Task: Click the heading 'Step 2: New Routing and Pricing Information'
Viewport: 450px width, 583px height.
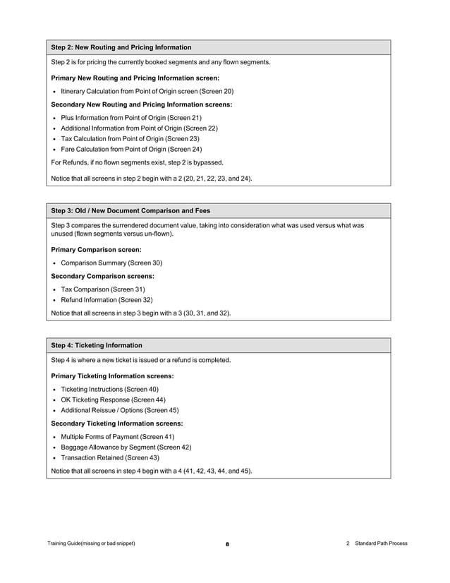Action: click(x=121, y=47)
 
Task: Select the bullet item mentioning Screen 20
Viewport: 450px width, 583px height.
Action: click(x=147, y=91)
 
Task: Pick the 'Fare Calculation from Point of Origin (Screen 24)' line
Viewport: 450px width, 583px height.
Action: click(x=131, y=150)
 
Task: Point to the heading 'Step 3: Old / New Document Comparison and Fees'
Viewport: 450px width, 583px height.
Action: click(x=130, y=210)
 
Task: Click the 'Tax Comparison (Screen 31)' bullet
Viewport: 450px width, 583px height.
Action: click(x=103, y=289)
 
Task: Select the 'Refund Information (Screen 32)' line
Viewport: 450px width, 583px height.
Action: click(x=107, y=300)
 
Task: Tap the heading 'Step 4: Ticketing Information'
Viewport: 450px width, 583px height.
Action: click(x=97, y=345)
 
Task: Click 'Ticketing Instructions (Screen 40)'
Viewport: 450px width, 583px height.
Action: click(x=109, y=389)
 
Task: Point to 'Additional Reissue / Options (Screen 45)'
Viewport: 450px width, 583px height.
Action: click(x=119, y=410)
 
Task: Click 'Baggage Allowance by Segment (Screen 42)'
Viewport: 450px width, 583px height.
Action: click(x=126, y=447)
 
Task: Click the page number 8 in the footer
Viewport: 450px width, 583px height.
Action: click(x=227, y=544)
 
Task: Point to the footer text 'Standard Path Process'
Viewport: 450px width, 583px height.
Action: click(x=381, y=543)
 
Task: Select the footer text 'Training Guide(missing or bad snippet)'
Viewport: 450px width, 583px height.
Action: click(x=91, y=543)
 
